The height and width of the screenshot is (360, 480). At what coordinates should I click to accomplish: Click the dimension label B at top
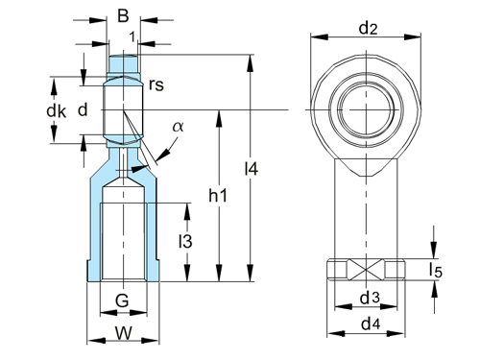pos(122,15)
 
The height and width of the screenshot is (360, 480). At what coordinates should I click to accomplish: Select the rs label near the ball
pos(156,84)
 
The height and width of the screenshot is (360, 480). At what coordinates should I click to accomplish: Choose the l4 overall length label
pos(252,169)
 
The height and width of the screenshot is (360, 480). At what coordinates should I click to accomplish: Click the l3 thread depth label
pos(185,242)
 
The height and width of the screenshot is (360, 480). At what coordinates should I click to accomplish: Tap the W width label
pos(122,335)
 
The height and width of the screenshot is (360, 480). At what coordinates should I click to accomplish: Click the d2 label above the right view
pos(367,28)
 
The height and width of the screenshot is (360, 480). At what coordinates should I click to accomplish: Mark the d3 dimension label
pos(368,299)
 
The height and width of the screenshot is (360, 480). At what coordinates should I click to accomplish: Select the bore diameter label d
pos(83,110)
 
